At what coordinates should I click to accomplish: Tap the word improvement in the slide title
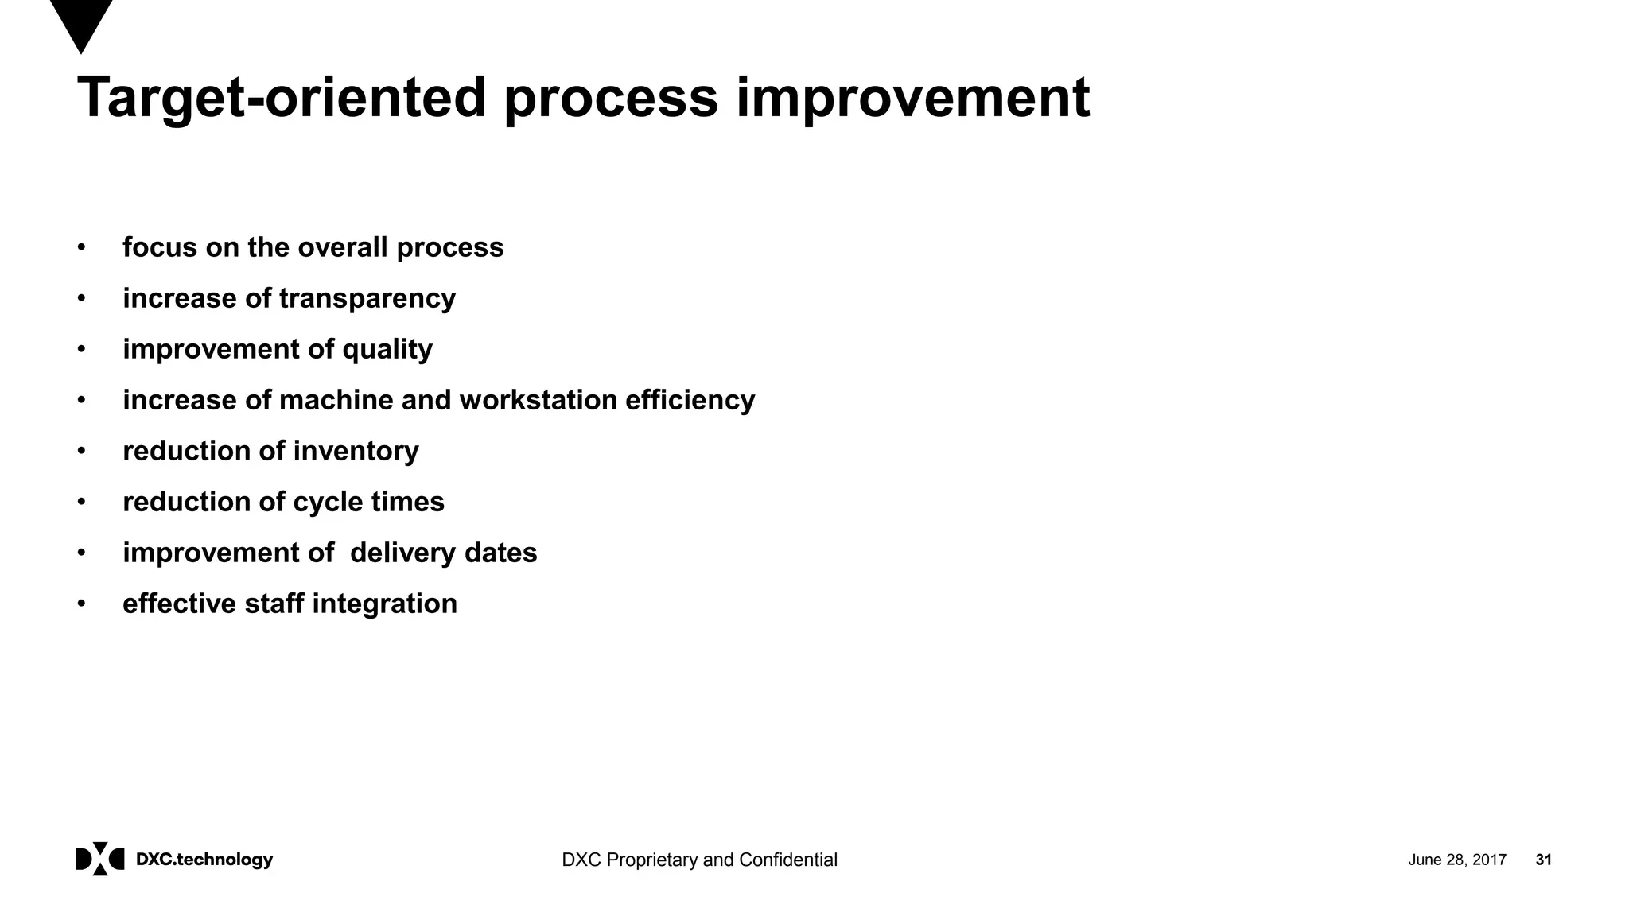click(912, 99)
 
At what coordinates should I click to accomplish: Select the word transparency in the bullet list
click(367, 299)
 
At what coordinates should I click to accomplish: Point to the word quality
click(387, 350)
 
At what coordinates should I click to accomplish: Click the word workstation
click(538, 400)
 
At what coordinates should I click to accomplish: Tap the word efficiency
click(690, 400)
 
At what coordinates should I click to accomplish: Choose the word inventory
click(356, 451)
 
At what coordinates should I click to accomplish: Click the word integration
click(384, 604)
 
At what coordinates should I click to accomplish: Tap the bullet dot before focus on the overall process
click(81, 247)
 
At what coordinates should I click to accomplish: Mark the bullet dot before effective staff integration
click(81, 604)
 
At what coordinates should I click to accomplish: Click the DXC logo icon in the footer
click(100, 859)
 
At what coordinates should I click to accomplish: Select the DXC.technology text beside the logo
click(204, 860)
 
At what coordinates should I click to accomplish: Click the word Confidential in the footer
click(787, 860)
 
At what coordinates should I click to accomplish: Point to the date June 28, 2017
click(1456, 860)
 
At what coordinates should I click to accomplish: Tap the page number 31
click(1543, 860)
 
